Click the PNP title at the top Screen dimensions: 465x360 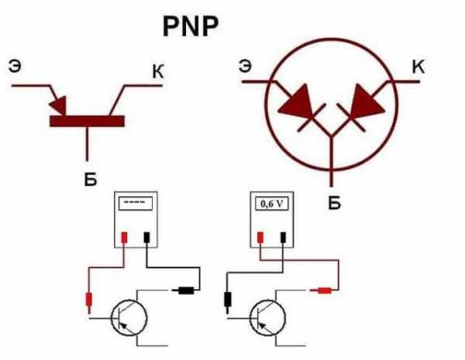191,26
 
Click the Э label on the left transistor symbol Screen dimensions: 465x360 15,67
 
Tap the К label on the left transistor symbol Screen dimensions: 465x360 158,71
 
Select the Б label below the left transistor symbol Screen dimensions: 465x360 91,178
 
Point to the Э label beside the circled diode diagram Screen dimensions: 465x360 245,66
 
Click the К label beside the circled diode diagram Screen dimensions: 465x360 418,67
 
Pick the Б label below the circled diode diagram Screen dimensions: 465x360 335,203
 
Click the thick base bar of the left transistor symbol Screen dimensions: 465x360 87,122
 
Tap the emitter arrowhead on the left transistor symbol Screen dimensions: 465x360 58,105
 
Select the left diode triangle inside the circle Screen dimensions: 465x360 297,101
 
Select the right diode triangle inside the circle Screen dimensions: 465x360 366,101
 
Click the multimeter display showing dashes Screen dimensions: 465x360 136,204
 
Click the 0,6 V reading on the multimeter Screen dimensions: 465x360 272,204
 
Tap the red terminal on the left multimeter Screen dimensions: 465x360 124,238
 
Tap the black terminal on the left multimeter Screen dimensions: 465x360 146,238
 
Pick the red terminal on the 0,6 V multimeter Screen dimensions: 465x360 260,238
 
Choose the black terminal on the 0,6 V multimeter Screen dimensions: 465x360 283,238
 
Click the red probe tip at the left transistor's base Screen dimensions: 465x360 89,303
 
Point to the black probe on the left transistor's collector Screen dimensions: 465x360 183,290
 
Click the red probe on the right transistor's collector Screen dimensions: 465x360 322,290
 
